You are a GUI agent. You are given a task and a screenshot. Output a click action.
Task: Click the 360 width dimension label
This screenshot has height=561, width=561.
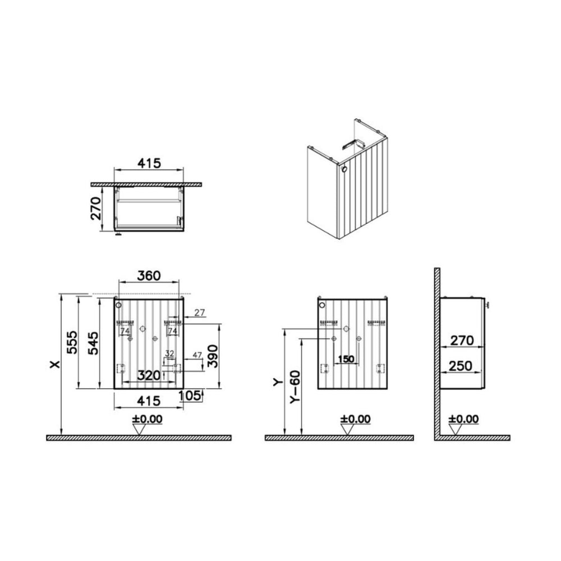149,276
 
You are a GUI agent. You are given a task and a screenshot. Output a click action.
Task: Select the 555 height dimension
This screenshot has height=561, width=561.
72,342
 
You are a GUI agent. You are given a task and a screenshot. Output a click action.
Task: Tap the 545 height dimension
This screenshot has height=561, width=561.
93,343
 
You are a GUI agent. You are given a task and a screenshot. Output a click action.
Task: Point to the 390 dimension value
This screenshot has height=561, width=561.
213,356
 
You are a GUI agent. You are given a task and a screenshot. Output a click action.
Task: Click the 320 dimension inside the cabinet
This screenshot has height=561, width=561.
149,375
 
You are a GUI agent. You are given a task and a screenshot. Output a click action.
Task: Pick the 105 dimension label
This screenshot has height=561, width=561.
189,396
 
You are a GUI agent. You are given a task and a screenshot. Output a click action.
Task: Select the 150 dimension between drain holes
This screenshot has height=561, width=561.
346,359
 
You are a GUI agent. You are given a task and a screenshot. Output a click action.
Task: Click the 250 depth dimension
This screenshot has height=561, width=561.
461,366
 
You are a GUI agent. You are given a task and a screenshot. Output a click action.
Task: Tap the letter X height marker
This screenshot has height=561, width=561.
55,365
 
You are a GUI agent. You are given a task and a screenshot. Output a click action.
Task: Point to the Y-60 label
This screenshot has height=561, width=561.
296,388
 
